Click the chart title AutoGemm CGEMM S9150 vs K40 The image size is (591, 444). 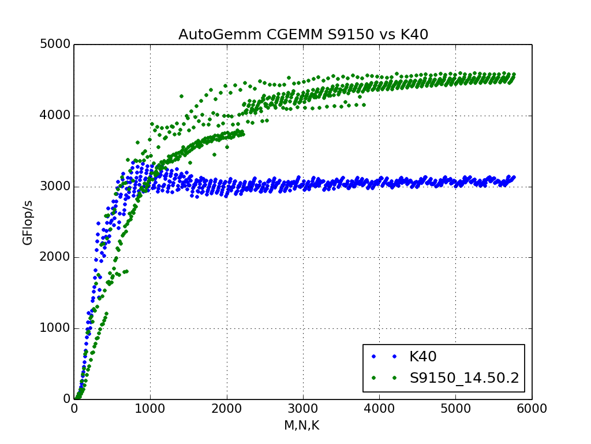[x=303, y=35]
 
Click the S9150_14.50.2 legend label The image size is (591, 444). [x=465, y=378]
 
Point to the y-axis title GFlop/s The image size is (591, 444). [x=28, y=223]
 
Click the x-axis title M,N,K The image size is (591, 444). [x=301, y=426]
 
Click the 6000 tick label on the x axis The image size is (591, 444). [x=532, y=409]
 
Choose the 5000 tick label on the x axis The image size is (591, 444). [x=455, y=409]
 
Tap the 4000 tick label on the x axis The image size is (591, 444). [x=379, y=409]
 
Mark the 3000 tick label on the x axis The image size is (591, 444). [x=303, y=409]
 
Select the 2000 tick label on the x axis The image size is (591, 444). [x=227, y=409]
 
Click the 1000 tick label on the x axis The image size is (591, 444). [x=150, y=409]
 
